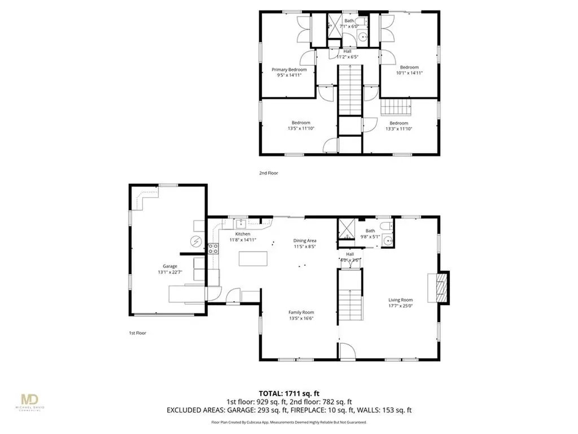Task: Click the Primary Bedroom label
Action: (289, 70)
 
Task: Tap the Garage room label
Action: (170, 266)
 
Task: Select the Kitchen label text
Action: (243, 233)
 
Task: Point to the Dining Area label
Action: (304, 240)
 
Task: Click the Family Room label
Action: (301, 312)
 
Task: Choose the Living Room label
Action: (400, 300)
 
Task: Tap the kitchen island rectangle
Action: (252, 259)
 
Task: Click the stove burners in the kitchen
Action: (213, 249)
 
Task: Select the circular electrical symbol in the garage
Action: (196, 241)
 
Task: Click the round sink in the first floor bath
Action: (387, 241)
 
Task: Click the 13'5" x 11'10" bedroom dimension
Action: (301, 129)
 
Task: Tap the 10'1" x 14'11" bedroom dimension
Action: (409, 72)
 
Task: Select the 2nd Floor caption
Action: (269, 173)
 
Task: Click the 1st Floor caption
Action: (137, 333)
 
